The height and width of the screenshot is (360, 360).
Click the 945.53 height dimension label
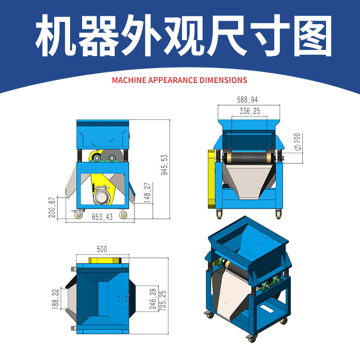pyautogui.click(x=164, y=165)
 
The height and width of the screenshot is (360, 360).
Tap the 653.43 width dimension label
pyautogui.click(x=102, y=217)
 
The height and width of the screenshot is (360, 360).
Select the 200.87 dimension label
pyautogui.click(x=52, y=207)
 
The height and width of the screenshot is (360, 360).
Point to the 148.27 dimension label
pyautogui.click(x=147, y=192)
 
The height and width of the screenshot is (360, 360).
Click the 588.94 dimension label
pyautogui.click(x=248, y=100)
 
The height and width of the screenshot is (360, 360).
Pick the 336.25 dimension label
pyautogui.click(x=250, y=111)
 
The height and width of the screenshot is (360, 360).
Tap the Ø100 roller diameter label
pyautogui.click(x=297, y=142)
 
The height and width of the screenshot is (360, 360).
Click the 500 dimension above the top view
pyautogui.click(x=102, y=249)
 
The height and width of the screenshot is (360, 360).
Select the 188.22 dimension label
pyautogui.click(x=56, y=299)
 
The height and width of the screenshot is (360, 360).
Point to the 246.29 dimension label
pyautogui.click(x=153, y=299)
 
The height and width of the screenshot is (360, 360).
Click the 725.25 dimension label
pyautogui.click(x=163, y=301)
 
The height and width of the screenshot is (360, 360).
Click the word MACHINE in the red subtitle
pyautogui.click(x=129, y=80)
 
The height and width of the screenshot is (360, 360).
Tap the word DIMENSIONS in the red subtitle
pyautogui.click(x=223, y=80)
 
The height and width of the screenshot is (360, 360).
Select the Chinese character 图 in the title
pyautogui.click(x=312, y=36)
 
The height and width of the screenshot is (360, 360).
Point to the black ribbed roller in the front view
pyautogui.click(x=249, y=158)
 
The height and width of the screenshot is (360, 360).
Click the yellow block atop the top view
pyautogui.click(x=105, y=260)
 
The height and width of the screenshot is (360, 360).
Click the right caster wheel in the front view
pyautogui.click(x=279, y=215)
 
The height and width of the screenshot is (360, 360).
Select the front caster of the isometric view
pyautogui.click(x=252, y=339)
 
